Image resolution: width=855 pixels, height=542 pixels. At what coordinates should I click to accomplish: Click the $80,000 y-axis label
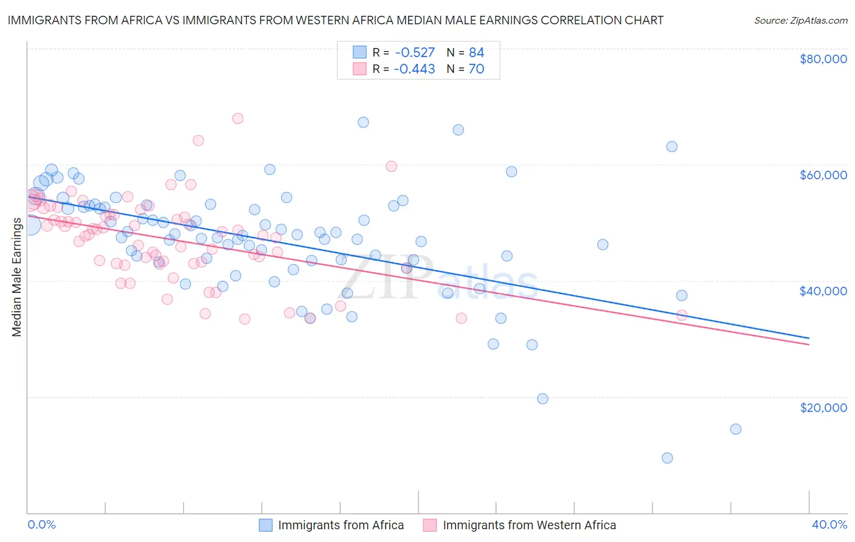click(823, 59)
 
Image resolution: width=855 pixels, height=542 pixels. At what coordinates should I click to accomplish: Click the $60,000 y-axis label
click(823, 175)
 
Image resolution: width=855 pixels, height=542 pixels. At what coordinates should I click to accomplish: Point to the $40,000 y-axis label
click(823, 291)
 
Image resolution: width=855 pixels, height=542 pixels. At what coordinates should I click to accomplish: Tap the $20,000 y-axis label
click(823, 407)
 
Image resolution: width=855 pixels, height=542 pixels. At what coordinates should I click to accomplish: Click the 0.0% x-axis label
click(41, 524)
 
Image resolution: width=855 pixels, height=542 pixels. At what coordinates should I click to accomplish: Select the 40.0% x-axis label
click(829, 524)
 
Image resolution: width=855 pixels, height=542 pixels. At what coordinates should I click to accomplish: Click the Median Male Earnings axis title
click(16, 277)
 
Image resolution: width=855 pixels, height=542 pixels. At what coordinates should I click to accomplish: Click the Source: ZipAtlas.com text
click(800, 20)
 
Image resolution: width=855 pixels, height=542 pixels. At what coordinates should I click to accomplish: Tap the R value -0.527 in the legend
click(414, 53)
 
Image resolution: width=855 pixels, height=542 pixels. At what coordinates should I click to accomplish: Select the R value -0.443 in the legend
click(414, 69)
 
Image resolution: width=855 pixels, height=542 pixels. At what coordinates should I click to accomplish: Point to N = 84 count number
click(476, 53)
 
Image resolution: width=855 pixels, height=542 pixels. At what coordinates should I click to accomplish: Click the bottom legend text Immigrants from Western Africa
click(529, 525)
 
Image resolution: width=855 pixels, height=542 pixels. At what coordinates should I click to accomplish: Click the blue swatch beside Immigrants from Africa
click(266, 525)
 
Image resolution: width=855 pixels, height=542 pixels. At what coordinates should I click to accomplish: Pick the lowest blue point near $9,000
click(667, 458)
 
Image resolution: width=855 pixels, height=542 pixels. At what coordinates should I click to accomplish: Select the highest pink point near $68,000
click(238, 118)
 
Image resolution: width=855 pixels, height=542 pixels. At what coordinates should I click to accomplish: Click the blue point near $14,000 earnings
click(735, 429)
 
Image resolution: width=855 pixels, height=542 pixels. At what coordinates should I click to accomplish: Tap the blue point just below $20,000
click(542, 399)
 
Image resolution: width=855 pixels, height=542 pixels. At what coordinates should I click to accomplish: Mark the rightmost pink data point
click(682, 315)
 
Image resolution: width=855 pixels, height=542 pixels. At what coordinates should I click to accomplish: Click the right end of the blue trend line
click(809, 338)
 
